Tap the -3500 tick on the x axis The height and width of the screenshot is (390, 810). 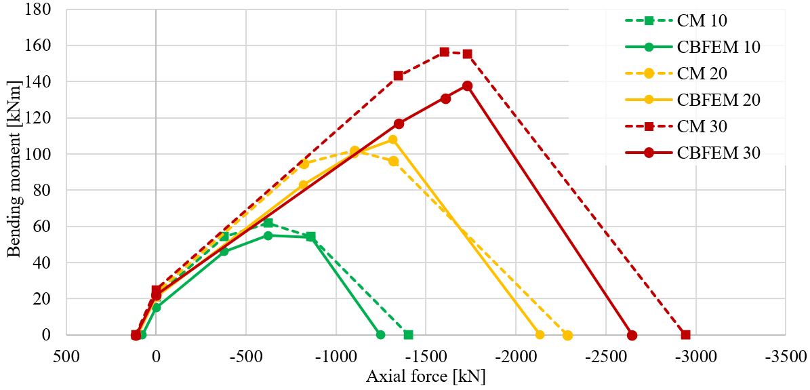tap(786, 355)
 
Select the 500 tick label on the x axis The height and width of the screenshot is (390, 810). tap(66, 355)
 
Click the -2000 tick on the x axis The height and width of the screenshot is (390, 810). tap(516, 355)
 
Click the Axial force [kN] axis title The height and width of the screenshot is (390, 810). tap(426, 376)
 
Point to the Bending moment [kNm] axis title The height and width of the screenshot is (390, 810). tap(13, 172)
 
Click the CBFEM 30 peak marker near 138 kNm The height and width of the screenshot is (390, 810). tap(467, 85)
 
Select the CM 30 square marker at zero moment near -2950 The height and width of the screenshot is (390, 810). tap(685, 334)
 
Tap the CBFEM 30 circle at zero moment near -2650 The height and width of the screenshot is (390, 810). tap(632, 335)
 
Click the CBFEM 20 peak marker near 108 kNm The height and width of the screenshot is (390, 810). tap(392, 140)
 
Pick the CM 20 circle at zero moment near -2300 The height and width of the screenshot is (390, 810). tap(567, 335)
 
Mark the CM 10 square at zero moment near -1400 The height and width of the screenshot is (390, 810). tap(408, 334)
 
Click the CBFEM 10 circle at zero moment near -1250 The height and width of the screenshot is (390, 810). tap(380, 334)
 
